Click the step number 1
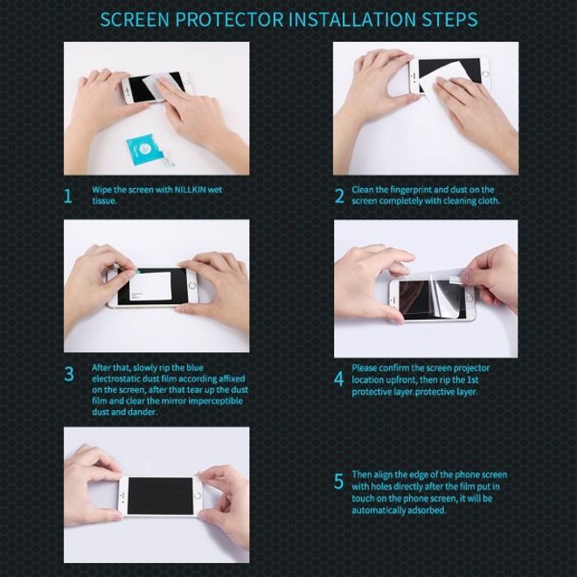pyautogui.click(x=68, y=195)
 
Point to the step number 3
pyautogui.click(x=68, y=374)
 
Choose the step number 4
pyautogui.click(x=339, y=379)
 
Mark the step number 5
pyautogui.click(x=339, y=482)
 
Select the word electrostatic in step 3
pyautogui.click(x=118, y=379)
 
